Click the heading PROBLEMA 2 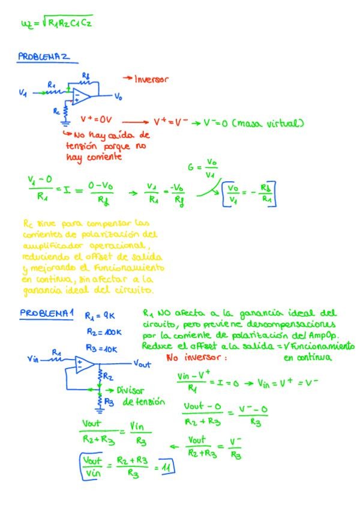pos(44,58)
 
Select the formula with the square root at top pos(56,23)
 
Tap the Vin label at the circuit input pos(33,359)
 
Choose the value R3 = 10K pos(98,349)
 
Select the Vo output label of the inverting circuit pos(118,96)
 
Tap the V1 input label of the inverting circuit pos(23,93)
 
